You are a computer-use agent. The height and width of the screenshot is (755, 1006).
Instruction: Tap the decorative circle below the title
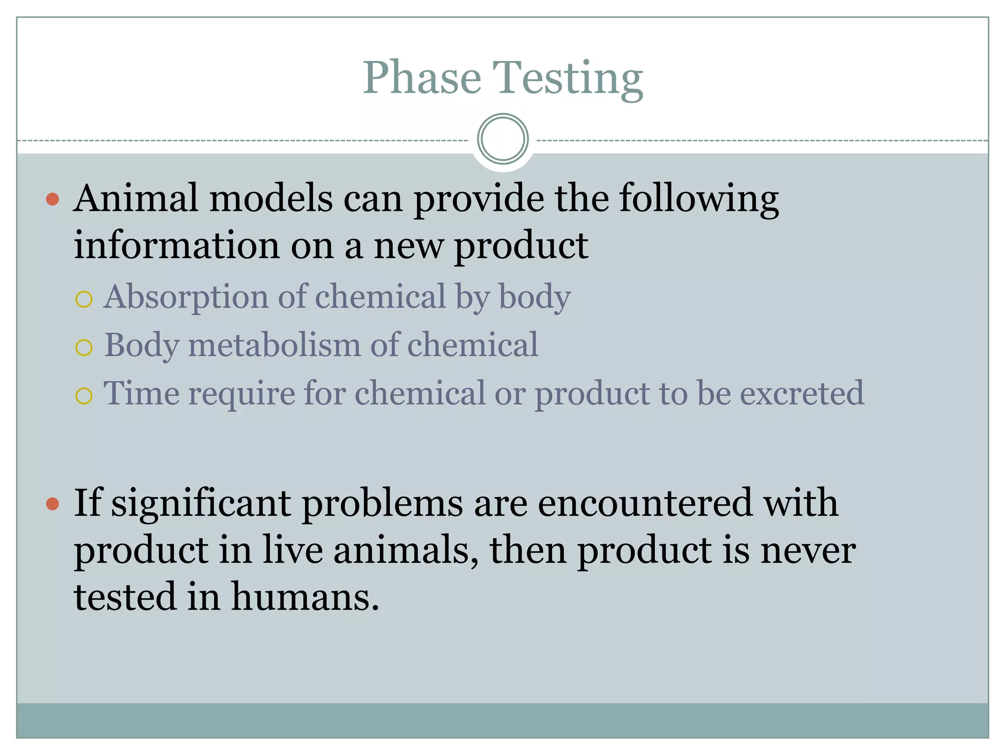tap(503, 139)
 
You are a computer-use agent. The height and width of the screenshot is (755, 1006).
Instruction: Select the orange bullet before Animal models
tap(53, 199)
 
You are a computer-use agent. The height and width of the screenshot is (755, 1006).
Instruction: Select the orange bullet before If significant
tap(53, 504)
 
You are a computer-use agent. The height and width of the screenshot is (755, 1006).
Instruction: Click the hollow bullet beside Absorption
tap(84, 299)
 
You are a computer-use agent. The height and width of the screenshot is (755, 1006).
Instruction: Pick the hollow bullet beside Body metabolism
tap(84, 348)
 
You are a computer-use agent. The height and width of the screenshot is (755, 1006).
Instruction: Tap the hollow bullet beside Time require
tap(84, 396)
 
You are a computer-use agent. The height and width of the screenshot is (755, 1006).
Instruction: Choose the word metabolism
tap(275, 345)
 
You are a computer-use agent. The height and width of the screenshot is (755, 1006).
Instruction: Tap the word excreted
tap(802, 393)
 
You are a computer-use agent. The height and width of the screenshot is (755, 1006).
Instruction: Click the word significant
tap(201, 504)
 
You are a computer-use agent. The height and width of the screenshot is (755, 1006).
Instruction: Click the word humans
tap(305, 597)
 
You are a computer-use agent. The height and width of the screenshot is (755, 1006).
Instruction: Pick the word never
tap(808, 550)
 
